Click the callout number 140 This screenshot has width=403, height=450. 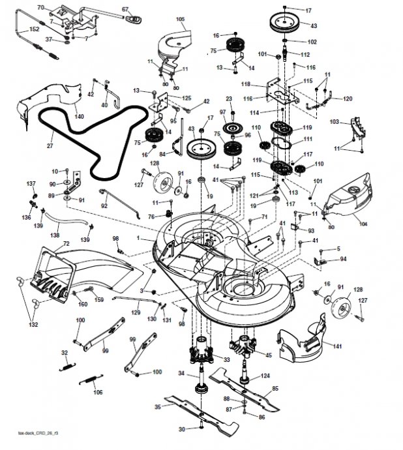click(x=80, y=115)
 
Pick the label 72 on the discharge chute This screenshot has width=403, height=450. click(x=65, y=243)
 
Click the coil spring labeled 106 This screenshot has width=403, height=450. click(x=89, y=382)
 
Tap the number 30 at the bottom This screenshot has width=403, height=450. click(x=182, y=428)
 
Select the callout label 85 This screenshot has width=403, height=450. click(x=275, y=389)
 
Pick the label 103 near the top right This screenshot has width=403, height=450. click(x=335, y=122)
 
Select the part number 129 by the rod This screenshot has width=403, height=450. click(x=136, y=312)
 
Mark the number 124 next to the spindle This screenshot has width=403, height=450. click(x=265, y=376)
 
